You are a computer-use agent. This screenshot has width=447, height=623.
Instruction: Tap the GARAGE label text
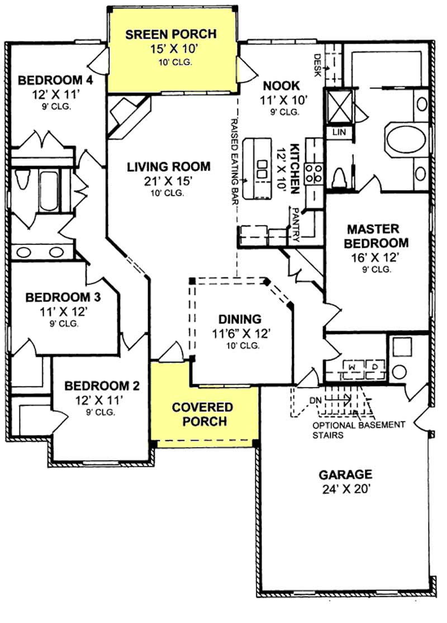point(345,475)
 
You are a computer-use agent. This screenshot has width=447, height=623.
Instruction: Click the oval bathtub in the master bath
point(405,140)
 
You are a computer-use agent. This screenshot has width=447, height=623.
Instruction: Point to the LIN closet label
point(339,132)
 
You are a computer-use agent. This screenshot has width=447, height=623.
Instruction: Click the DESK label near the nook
point(317,64)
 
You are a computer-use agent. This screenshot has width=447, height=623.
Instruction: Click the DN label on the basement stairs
point(316,400)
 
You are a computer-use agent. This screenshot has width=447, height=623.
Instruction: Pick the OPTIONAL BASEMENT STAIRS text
point(359,429)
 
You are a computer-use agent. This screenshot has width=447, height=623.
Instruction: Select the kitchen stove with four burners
point(315,173)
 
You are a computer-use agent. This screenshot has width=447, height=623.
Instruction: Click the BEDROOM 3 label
point(59,296)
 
